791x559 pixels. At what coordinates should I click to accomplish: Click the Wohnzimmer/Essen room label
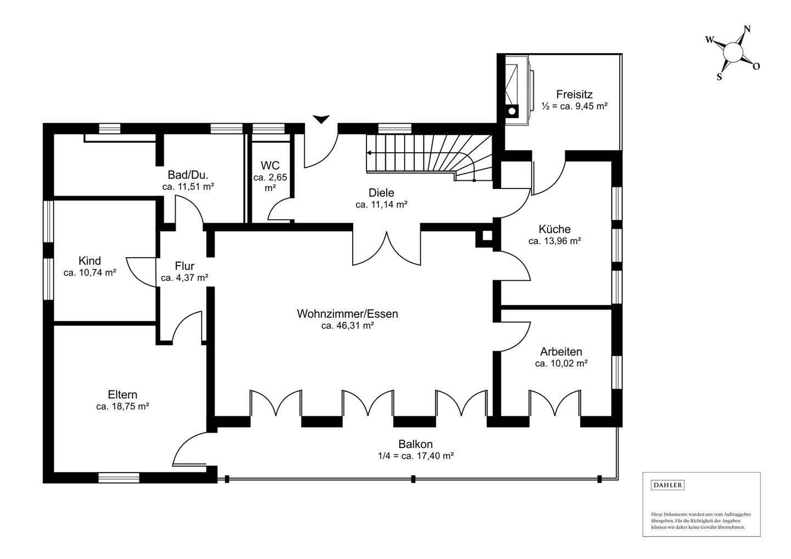[x=348, y=314]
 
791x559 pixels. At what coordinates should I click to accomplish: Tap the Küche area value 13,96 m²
[x=555, y=241]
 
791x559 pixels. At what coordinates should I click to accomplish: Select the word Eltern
[x=122, y=394]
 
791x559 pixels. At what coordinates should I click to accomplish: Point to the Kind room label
[x=90, y=261]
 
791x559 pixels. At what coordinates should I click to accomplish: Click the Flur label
[x=185, y=265]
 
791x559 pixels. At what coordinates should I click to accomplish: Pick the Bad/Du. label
[x=188, y=175]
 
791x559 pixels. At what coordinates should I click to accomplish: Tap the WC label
[x=270, y=165]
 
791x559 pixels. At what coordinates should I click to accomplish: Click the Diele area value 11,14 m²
[x=382, y=204]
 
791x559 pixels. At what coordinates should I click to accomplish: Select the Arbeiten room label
[x=561, y=352]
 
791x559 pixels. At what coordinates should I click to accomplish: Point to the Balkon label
[x=416, y=444]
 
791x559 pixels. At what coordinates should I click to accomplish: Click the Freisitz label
[x=575, y=95]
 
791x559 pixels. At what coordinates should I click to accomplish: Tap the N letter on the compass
[x=747, y=29]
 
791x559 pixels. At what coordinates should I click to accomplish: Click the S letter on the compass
[x=720, y=77]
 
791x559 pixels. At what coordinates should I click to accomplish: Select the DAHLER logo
[x=667, y=485]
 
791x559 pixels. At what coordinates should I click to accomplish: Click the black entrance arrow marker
[x=321, y=119]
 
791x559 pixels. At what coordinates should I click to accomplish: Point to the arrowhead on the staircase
[x=369, y=153]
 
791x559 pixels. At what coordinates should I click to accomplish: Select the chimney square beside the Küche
[x=487, y=236]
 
